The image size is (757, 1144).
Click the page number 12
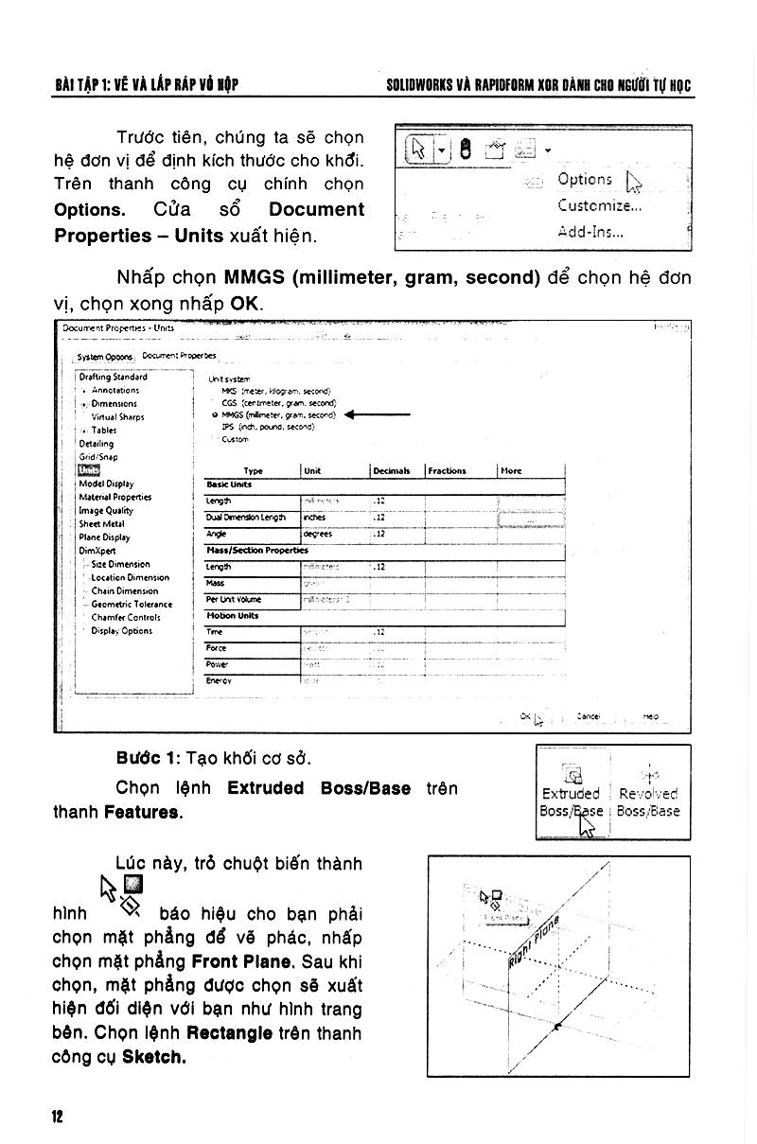point(57,1117)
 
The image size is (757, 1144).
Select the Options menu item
point(585,179)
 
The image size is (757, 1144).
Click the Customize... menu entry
point(599,205)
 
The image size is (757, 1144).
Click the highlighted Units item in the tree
point(89,470)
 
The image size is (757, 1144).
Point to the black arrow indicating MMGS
point(378,414)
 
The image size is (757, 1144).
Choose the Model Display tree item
point(107,484)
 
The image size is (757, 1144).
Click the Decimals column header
point(391,470)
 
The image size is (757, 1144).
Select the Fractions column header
point(447,470)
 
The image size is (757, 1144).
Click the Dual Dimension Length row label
point(246,518)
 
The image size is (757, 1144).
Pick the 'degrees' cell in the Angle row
point(317,534)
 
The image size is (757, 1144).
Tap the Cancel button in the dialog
point(589,716)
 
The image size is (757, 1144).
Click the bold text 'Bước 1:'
point(149,759)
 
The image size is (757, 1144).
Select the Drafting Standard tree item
point(114,377)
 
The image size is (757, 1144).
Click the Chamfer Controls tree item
point(125,617)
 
